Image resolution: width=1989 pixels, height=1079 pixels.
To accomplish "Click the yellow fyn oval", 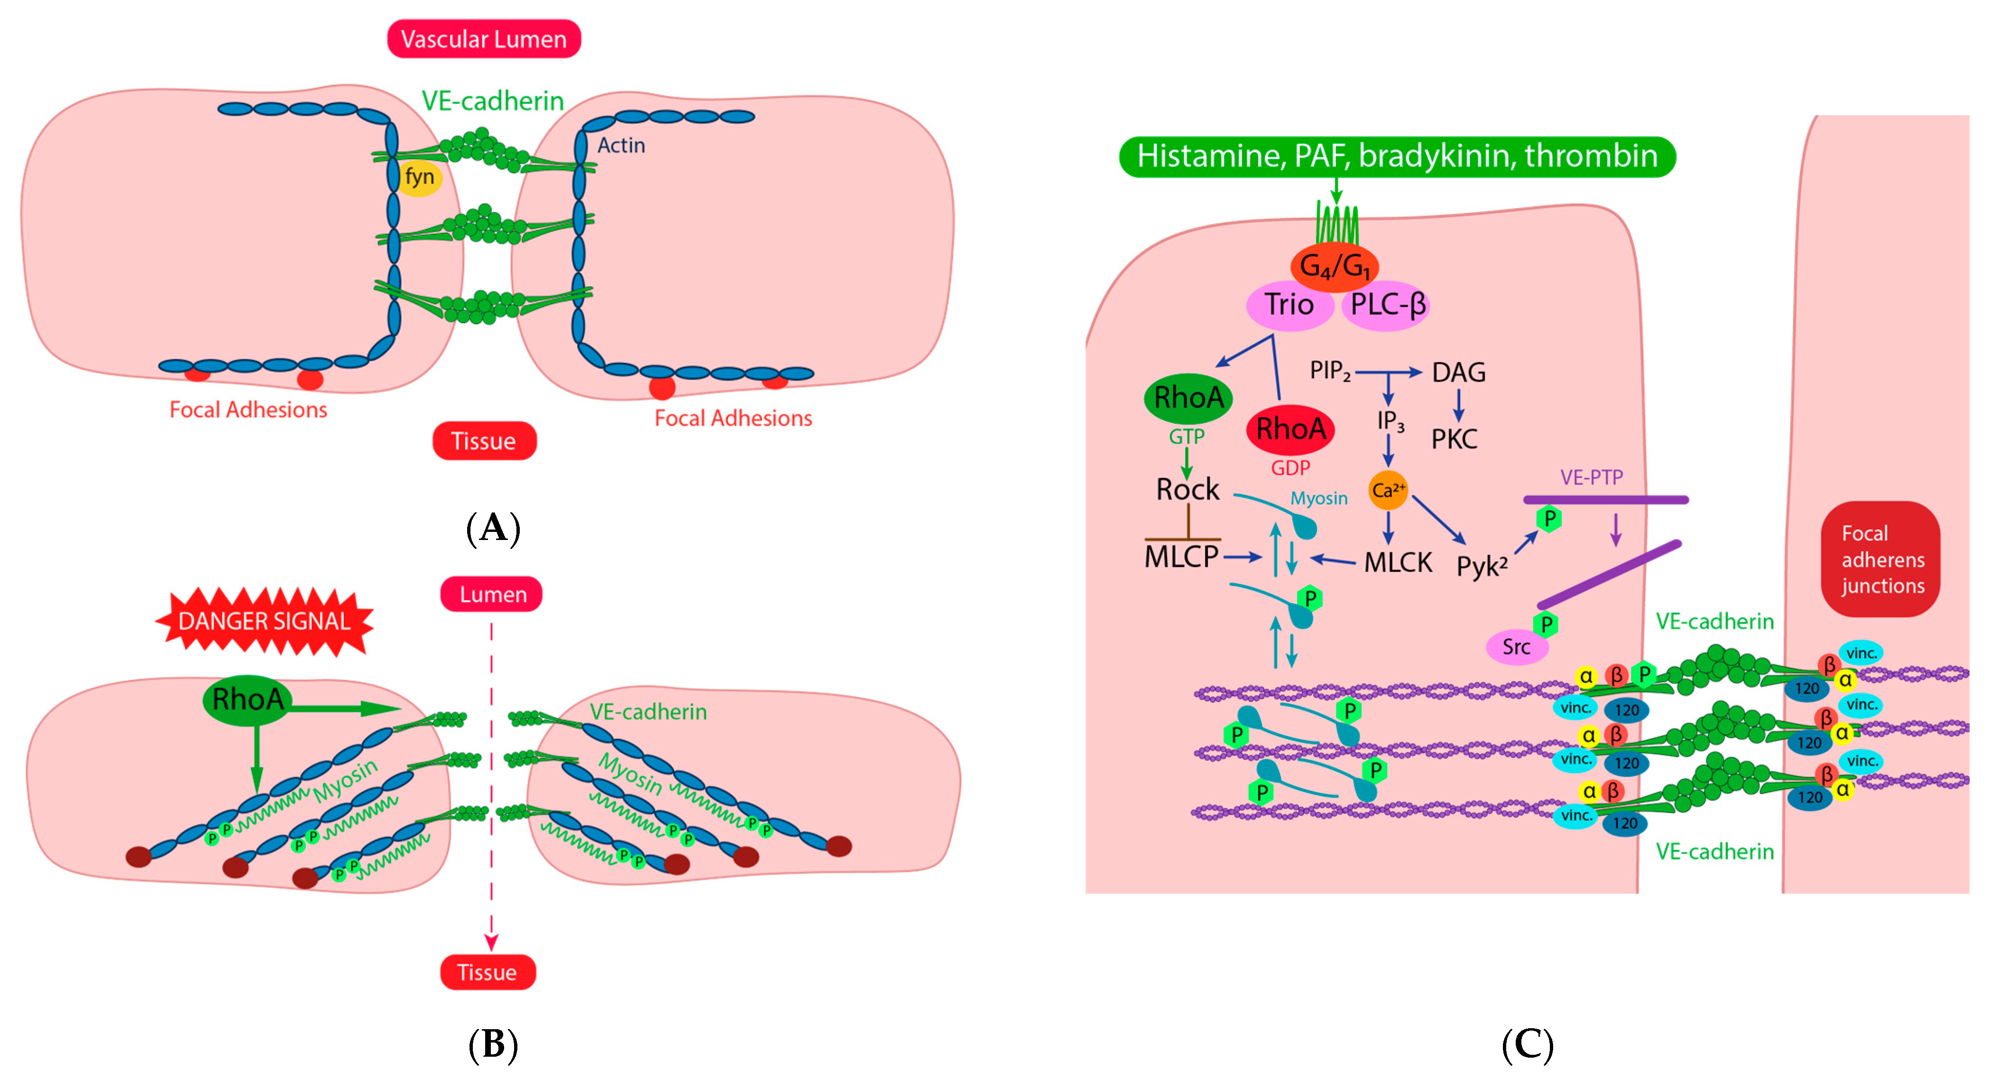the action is coord(419,177).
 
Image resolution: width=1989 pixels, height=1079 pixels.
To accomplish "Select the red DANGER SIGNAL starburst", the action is coord(264,621).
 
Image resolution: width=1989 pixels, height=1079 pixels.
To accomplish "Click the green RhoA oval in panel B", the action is coord(247,700).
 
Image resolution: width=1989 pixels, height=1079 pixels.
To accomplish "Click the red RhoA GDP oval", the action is coord(1290,429).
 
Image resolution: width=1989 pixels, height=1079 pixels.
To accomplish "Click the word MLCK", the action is coord(1398,562).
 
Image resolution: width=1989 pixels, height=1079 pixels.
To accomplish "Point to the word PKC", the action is coord(1455,439).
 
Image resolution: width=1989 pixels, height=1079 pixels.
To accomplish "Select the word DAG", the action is coord(1458,373).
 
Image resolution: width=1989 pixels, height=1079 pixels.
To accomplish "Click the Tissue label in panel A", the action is coord(484,441).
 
